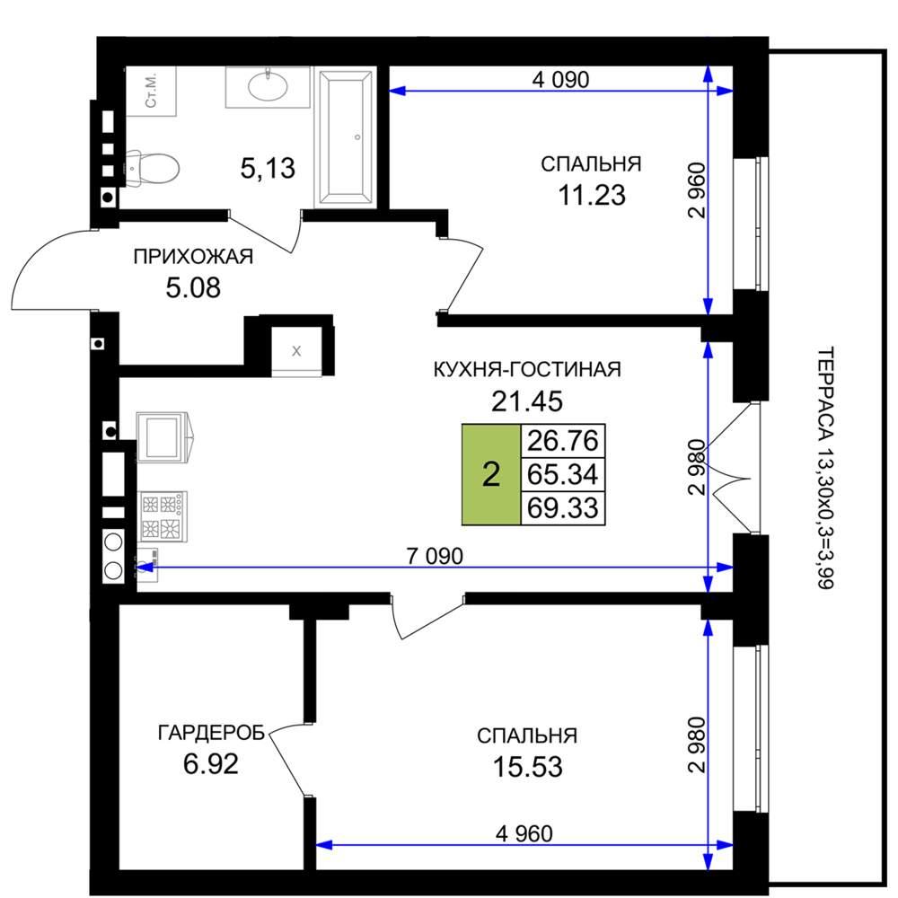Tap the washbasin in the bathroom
coord(268,87)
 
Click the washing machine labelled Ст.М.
coord(151,92)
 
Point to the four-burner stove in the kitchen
coord(163,516)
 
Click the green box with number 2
coord(491,475)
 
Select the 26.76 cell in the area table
coord(563,441)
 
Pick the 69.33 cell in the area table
coord(563,508)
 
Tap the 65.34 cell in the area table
coord(563,474)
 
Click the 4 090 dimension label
coord(560,80)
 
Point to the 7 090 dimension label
coord(435,556)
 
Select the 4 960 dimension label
coord(524,834)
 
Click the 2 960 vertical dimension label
coord(698,190)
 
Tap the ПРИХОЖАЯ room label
coord(193,257)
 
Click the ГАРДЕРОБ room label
coord(211,733)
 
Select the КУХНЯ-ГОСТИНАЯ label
coord(527,369)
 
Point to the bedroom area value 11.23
coord(592,195)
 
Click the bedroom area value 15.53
coord(527,767)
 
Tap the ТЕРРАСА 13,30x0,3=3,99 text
coord(824,468)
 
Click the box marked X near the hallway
coord(296,351)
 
